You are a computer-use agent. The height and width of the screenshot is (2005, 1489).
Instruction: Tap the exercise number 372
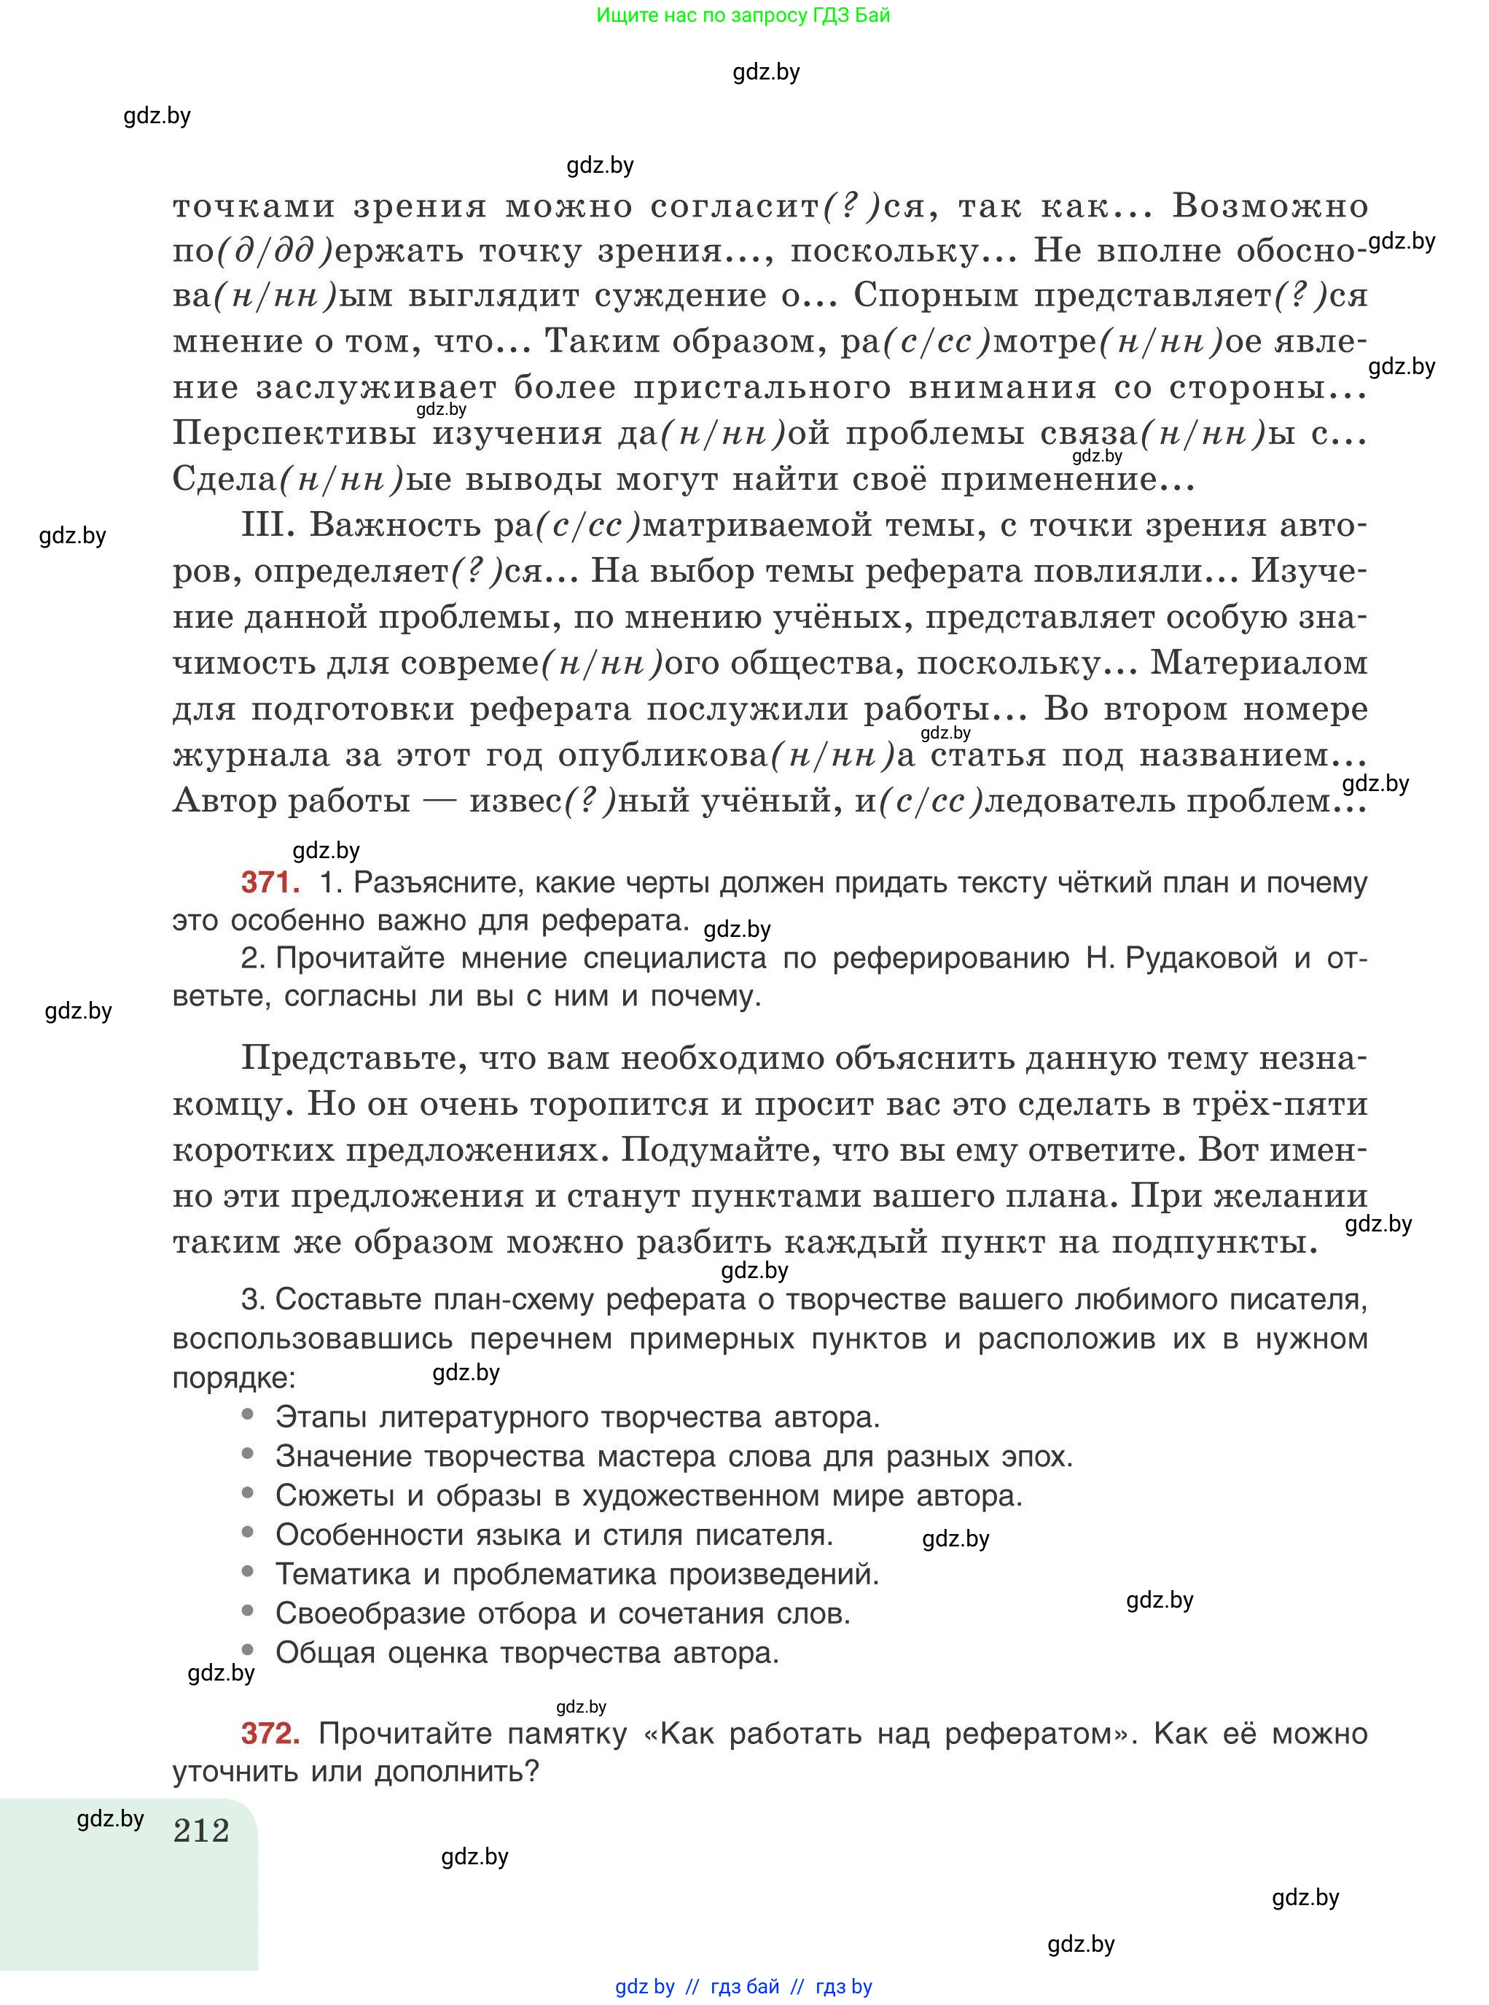pyautogui.click(x=270, y=1733)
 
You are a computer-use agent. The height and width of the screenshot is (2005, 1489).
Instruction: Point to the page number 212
pyautogui.click(x=201, y=1831)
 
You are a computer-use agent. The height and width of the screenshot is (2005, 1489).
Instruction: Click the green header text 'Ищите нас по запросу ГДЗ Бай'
pyautogui.click(x=743, y=15)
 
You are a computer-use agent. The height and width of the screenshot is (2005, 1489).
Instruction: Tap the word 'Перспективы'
pyautogui.click(x=294, y=434)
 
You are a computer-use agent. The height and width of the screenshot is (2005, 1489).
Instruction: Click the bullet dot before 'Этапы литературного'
pyautogui.click(x=248, y=1415)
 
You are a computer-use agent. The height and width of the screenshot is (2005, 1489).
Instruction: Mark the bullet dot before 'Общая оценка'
pyautogui.click(x=248, y=1650)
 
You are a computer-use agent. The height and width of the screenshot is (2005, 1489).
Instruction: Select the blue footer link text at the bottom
pyautogui.click(x=743, y=1986)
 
